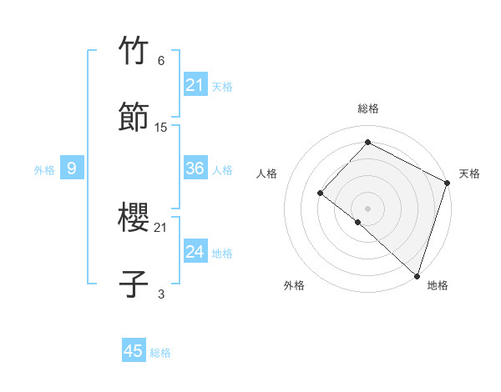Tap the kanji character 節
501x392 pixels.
coord(134,116)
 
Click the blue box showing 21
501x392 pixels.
coord(195,84)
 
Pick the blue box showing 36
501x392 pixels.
coord(195,168)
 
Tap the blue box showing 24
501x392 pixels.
coord(195,252)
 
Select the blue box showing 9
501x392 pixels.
coord(72,168)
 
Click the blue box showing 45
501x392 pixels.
coord(134,351)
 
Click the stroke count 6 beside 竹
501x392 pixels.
coord(161,61)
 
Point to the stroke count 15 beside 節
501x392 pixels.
coord(161,127)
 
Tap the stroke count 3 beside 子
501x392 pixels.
coord(161,294)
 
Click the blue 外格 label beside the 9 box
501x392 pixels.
coord(44,169)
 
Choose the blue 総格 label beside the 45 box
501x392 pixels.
coord(160,352)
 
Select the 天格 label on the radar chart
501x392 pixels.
coord(469,173)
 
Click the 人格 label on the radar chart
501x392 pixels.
coord(267,173)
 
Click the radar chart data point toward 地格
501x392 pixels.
coord(417,275)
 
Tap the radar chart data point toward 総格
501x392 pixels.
coord(367,142)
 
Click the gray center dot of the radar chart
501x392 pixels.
coord(367,208)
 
